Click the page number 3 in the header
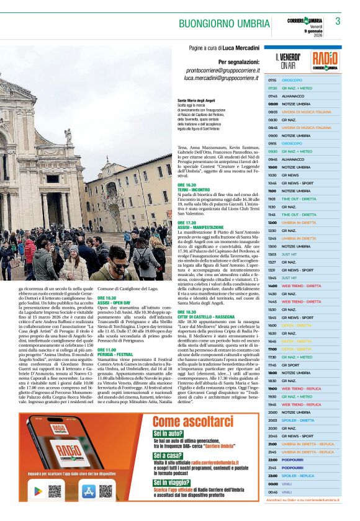coord(338,21)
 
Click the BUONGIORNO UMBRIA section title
coord(224,24)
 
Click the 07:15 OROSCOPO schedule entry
coord(291,81)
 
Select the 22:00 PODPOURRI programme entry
coord(292,460)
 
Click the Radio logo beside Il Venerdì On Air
coord(325,61)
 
